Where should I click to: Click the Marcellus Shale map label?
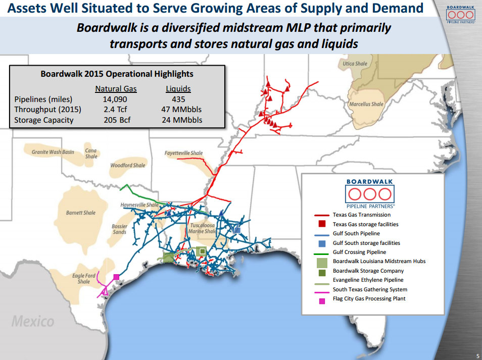pyautogui.click(x=366, y=104)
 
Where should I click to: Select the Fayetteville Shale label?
pyautogui.click(x=183, y=153)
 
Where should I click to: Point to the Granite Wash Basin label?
pyautogui.click(x=53, y=152)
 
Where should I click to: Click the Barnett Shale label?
pyautogui.click(x=81, y=213)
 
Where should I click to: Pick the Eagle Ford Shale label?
pyautogui.click(x=84, y=278)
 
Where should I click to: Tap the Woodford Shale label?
pyautogui.click(x=128, y=165)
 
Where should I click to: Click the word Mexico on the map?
pyautogui.click(x=33, y=321)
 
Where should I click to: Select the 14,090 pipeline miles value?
pyautogui.click(x=116, y=99)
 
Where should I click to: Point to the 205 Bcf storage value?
pyautogui.click(x=116, y=120)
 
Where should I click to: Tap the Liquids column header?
pyautogui.click(x=178, y=89)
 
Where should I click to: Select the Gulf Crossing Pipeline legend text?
pyautogui.click(x=359, y=252)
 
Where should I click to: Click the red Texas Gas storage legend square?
pyautogui.click(x=322, y=224)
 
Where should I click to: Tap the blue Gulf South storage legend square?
pyautogui.click(x=322, y=243)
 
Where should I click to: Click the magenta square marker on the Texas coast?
pyautogui.click(x=116, y=277)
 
